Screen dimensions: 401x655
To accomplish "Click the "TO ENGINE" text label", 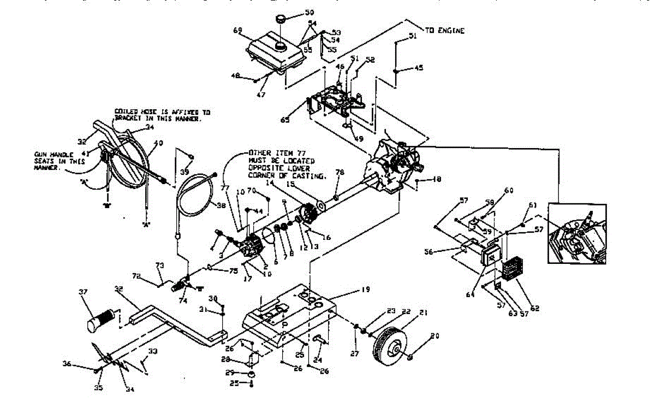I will point(444,31).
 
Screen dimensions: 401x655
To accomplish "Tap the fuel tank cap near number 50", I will point(281,20).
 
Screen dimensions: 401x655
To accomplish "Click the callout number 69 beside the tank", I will point(237,31).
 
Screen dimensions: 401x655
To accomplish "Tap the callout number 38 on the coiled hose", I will point(205,207).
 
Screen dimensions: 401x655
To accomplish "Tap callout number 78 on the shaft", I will point(340,173).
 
